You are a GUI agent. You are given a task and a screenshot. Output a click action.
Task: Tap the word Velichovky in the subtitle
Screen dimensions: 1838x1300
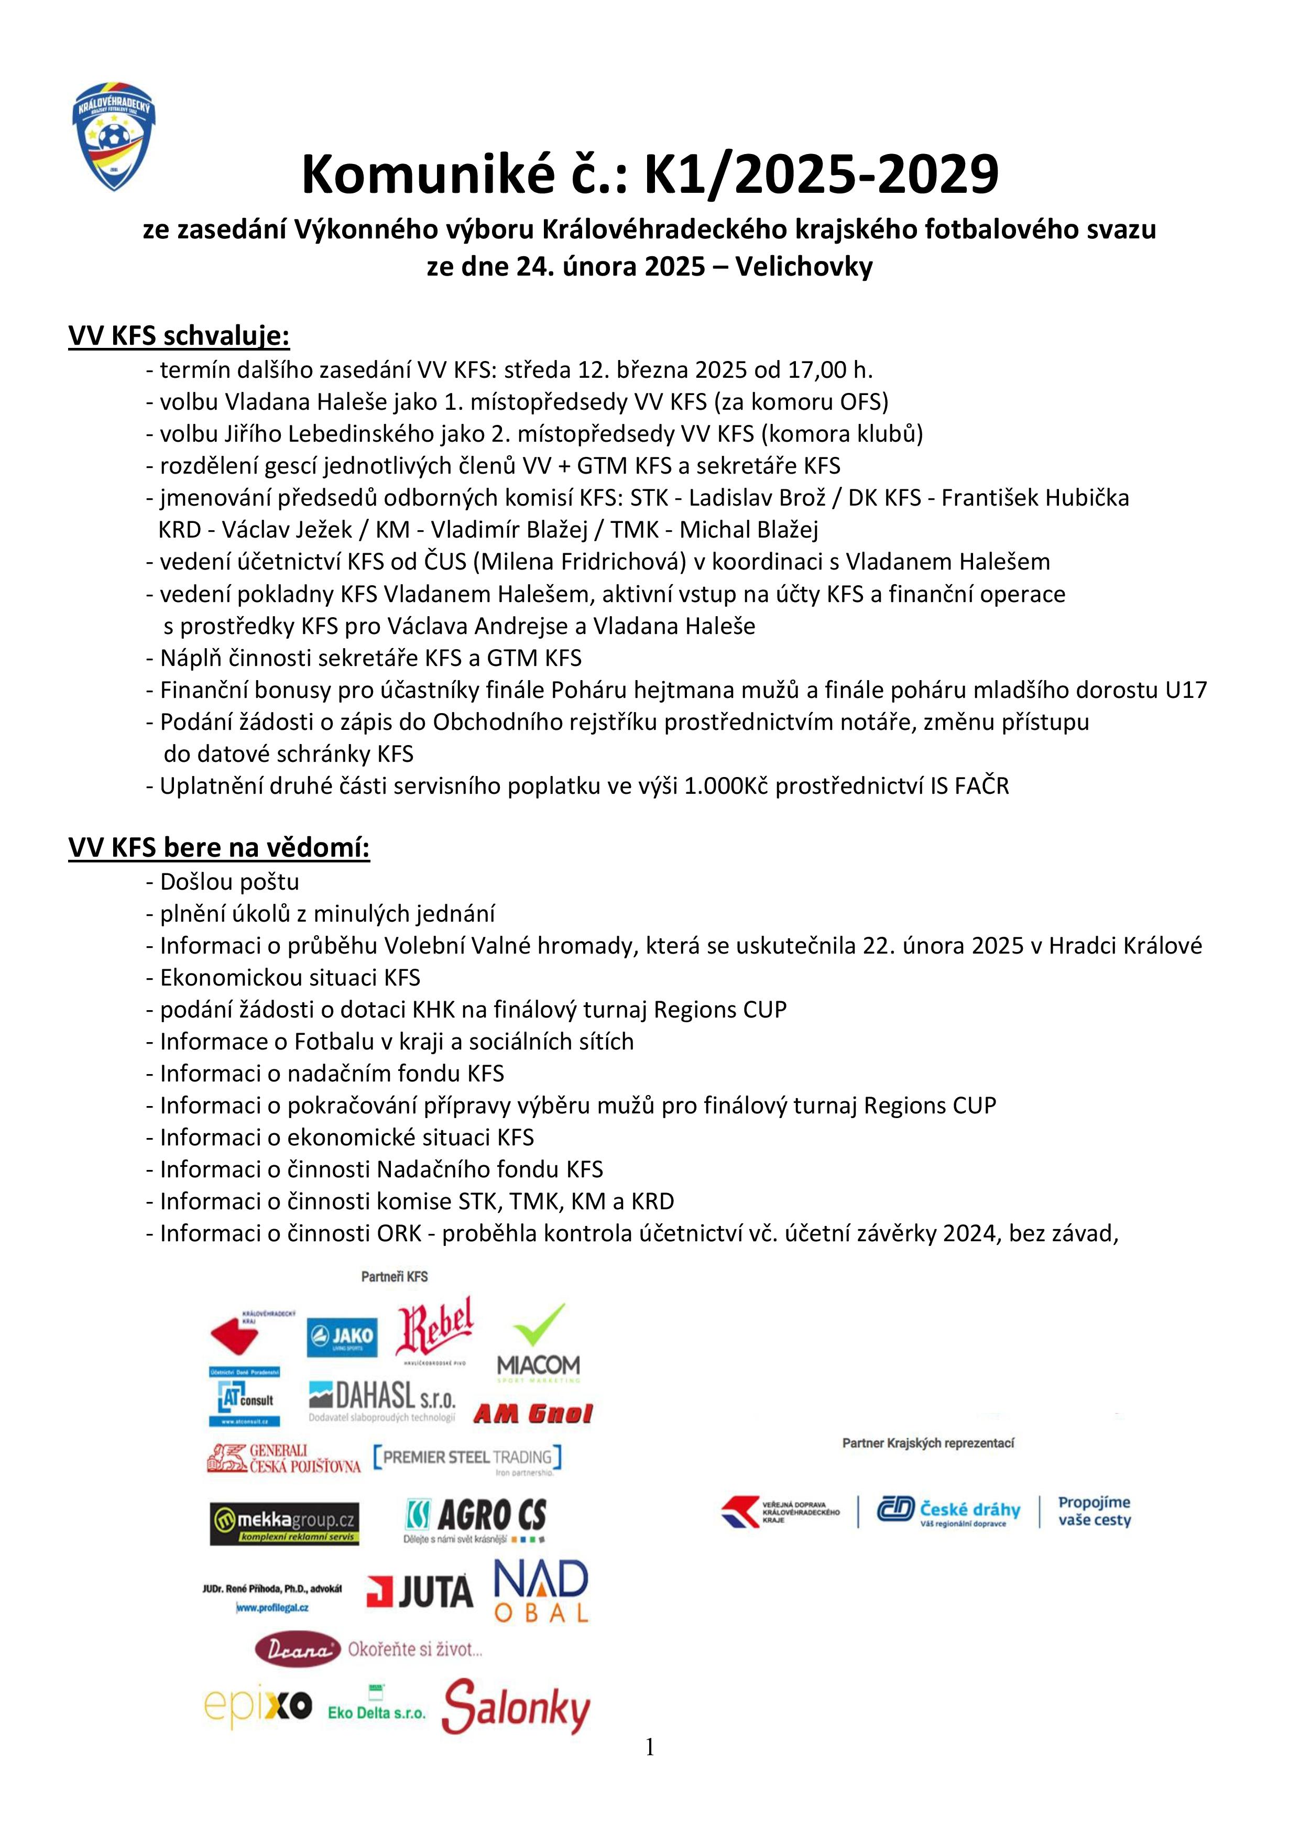[x=804, y=267]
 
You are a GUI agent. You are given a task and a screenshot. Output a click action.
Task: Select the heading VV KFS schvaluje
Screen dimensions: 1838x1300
[x=179, y=336]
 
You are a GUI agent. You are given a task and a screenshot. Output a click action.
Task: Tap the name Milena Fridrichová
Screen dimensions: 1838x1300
[x=582, y=562]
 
